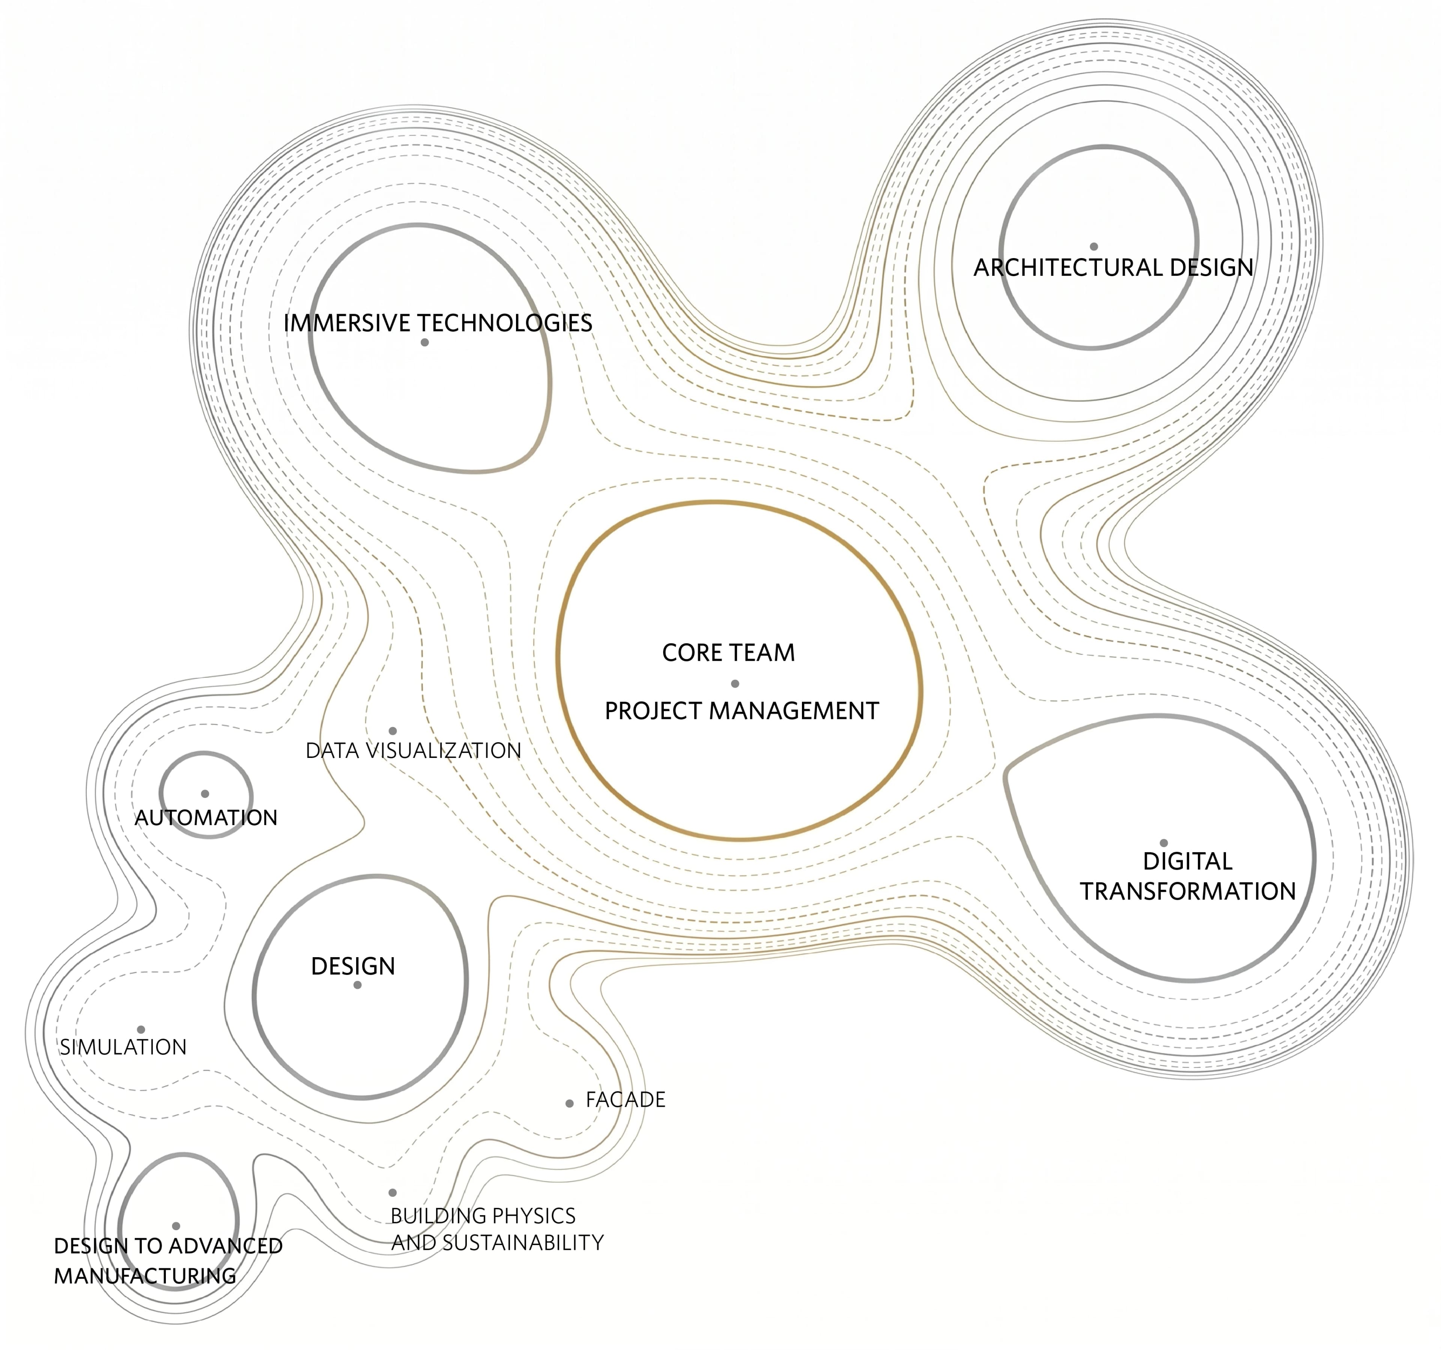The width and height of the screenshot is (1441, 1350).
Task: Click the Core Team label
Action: click(728, 652)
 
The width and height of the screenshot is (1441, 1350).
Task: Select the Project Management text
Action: click(742, 711)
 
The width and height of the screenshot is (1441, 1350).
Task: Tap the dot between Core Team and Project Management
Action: click(735, 683)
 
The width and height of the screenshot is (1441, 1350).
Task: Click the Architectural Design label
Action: click(1113, 268)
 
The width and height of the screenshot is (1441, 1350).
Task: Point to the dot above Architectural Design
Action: click(1094, 247)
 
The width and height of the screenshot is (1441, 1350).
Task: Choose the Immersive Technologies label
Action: click(438, 323)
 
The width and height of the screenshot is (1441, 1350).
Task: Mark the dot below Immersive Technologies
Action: click(425, 342)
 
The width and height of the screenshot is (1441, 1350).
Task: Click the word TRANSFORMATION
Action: click(1188, 891)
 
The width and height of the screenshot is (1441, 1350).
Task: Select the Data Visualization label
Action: click(413, 751)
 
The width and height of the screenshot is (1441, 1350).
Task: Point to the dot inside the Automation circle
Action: click(205, 794)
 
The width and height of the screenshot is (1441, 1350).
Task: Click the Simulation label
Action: click(123, 1047)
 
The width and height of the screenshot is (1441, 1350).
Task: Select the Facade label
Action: click(626, 1099)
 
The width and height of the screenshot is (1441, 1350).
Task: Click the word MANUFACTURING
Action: click(145, 1276)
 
